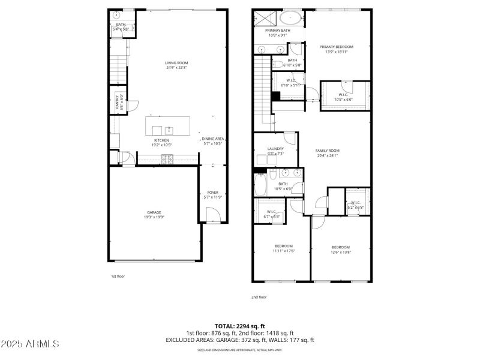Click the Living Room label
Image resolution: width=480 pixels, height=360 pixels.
[x=177, y=63]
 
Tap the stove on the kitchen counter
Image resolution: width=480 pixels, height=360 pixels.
[x=167, y=159]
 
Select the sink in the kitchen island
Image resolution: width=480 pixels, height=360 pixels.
[x=169, y=130]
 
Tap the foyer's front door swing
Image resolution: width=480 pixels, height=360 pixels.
[x=211, y=214]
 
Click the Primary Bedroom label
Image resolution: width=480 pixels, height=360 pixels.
[x=336, y=47]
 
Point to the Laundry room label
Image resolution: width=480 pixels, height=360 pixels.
[x=268, y=149]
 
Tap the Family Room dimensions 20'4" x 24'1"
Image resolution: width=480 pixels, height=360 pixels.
[x=328, y=156]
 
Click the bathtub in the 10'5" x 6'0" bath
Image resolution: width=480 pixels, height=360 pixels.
[x=261, y=184]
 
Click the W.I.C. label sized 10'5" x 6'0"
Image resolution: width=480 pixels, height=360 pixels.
[x=343, y=94]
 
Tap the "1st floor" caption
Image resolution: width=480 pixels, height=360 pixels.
[x=118, y=277]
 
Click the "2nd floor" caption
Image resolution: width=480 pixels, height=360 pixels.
[x=259, y=297]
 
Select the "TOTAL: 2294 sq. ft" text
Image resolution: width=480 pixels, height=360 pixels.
[x=240, y=326]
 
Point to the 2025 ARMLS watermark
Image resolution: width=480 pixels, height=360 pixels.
[x=30, y=344]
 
